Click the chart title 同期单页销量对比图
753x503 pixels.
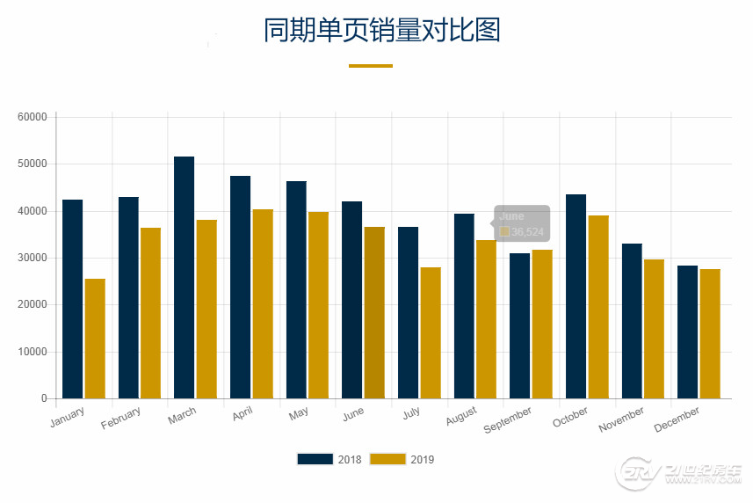(x=382, y=30)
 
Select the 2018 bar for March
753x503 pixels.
(x=185, y=278)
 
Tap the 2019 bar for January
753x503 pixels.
(x=95, y=339)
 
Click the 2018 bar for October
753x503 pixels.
(x=576, y=296)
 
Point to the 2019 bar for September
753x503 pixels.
(x=542, y=324)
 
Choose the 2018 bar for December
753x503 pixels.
(x=687, y=332)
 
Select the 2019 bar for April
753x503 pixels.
(x=263, y=304)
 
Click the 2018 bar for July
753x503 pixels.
(x=408, y=313)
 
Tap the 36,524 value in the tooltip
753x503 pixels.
(x=527, y=232)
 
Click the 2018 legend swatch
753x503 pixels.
(x=315, y=459)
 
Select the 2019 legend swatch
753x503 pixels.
(x=387, y=459)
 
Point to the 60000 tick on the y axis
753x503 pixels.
(x=32, y=117)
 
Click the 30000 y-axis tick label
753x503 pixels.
(x=32, y=258)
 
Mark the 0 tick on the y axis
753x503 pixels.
(x=44, y=398)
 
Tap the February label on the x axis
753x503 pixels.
(x=121, y=419)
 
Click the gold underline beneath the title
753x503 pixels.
(x=371, y=66)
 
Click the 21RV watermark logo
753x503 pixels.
(x=681, y=476)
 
